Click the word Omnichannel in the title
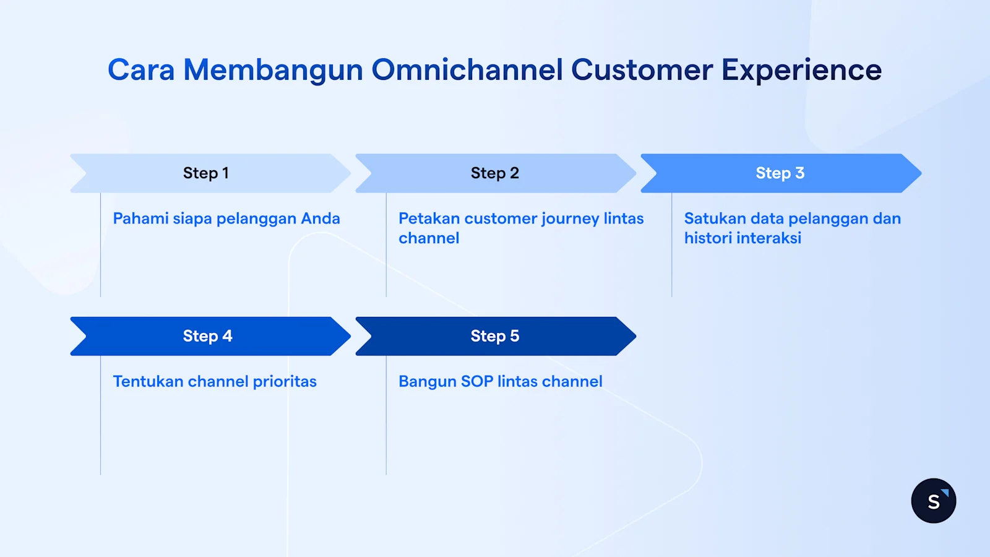click(467, 70)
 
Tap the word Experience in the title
click(801, 70)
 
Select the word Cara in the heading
click(141, 70)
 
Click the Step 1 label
click(205, 173)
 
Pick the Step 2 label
click(494, 173)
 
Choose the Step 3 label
click(780, 173)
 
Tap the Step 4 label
click(207, 336)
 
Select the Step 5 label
click(494, 336)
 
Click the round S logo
click(933, 501)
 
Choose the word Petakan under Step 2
click(429, 218)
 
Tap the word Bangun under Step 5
click(427, 382)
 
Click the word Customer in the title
click(642, 70)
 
